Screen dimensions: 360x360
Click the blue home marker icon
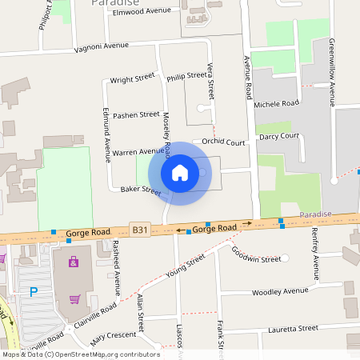pos(180,172)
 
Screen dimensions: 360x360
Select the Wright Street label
pos(132,80)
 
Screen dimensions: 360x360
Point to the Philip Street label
pos(186,77)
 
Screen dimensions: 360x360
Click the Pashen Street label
pos(136,115)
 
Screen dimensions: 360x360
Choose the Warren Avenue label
pos(138,151)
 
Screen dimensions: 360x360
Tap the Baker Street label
pos(141,190)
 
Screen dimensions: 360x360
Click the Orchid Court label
pos(222,142)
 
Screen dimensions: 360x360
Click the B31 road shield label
pos(141,230)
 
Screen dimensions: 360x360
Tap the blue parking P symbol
pos(34,293)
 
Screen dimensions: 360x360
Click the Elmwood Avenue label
pos(142,11)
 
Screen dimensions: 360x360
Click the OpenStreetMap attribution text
pos(81,354)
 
